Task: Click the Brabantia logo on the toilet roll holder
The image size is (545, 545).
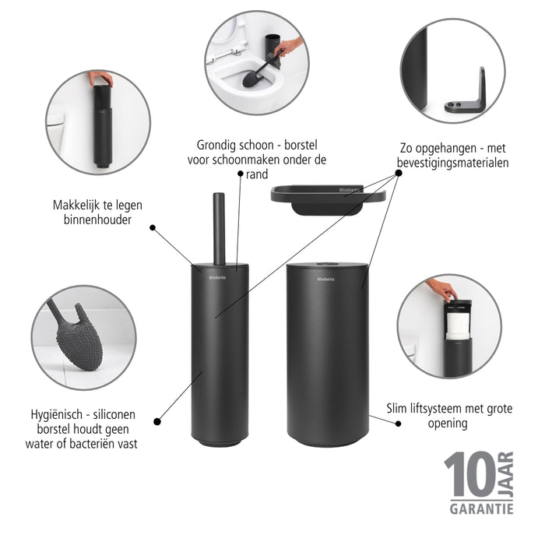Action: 325,278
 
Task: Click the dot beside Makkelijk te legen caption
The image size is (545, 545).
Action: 153,228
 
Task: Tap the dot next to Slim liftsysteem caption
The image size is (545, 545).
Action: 397,424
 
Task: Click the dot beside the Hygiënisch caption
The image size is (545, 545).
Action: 157,421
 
